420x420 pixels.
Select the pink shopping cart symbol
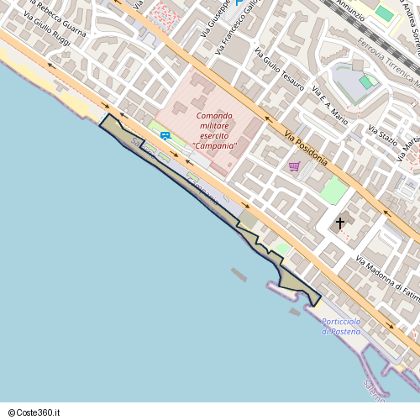(294, 165)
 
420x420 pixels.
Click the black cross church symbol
(340, 223)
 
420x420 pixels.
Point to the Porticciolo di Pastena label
(341, 327)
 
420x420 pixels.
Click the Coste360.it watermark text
(34, 412)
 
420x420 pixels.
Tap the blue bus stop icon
(165, 134)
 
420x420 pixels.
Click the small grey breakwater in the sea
(239, 275)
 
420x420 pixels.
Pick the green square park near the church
(334, 189)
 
